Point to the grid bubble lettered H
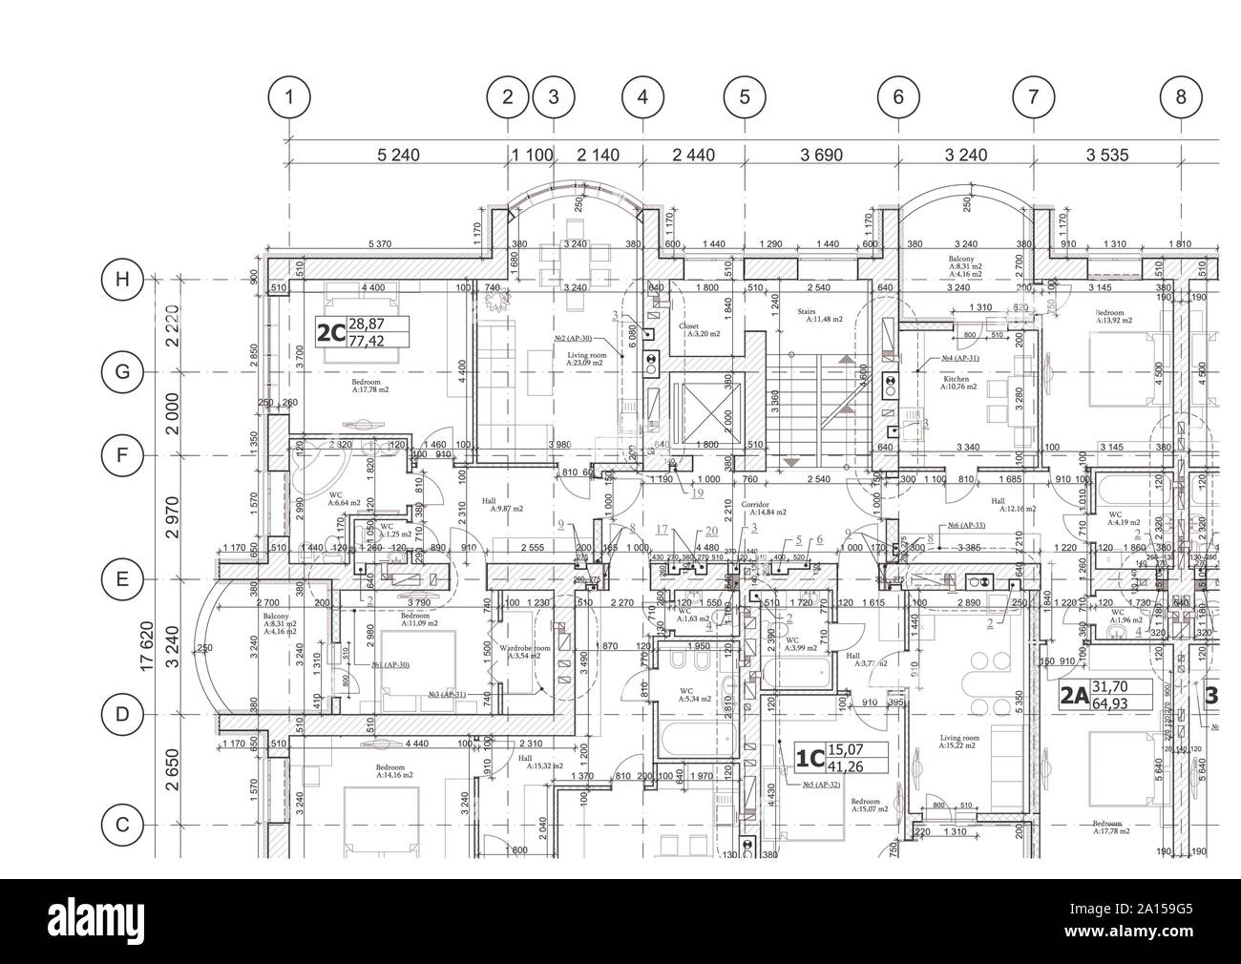121,280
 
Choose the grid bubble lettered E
121,579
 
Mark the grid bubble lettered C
121,825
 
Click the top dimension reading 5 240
398,155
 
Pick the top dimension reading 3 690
820,155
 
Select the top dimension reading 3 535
1107,155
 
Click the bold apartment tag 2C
329,333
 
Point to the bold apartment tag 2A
1074,696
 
